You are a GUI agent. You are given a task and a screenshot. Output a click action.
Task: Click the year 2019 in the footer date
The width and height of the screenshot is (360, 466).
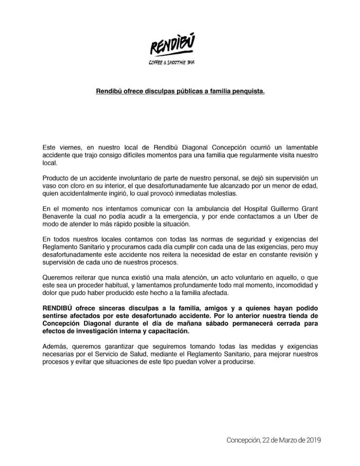coord(311,441)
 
